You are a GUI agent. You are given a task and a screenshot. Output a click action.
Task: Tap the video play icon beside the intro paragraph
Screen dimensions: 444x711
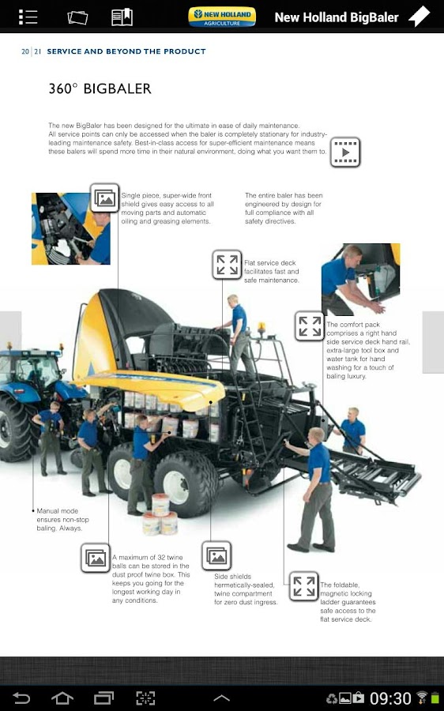[x=345, y=152]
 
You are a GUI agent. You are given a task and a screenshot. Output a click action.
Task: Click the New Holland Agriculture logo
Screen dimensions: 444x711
[x=222, y=17]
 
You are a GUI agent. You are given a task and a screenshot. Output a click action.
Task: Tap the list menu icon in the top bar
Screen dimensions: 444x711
[x=28, y=17]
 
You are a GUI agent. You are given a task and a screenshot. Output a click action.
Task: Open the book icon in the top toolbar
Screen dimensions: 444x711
[x=122, y=17]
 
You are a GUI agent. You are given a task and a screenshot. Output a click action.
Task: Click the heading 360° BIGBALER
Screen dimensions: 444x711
[x=100, y=88]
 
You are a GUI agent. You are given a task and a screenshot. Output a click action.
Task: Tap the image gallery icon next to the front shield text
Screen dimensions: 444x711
[x=105, y=197]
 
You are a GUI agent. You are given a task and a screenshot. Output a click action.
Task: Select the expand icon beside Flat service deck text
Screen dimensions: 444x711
[x=227, y=265]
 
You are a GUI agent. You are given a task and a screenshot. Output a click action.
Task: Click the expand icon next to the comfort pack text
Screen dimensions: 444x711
[x=310, y=326]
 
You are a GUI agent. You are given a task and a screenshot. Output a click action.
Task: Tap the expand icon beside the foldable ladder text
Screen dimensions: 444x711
[x=304, y=586]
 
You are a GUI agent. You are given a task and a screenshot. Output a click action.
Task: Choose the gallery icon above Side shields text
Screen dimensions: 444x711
[x=216, y=555]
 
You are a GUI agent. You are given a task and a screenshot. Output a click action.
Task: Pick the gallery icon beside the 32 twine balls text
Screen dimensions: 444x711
[x=96, y=558]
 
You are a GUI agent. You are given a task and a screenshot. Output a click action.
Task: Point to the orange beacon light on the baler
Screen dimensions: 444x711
[x=262, y=327]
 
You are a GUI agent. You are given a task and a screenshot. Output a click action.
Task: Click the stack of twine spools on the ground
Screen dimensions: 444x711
[x=160, y=514]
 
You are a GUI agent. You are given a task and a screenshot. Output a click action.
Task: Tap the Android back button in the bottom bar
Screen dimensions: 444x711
[x=21, y=698]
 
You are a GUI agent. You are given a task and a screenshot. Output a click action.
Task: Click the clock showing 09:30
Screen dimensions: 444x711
[x=390, y=698]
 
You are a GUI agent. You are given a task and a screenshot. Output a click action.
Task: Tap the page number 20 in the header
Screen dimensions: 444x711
[x=25, y=51]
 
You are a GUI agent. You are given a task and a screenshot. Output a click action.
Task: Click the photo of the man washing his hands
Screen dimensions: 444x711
[x=360, y=280]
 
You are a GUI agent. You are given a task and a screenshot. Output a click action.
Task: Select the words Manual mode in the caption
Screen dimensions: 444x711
[x=57, y=511]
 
